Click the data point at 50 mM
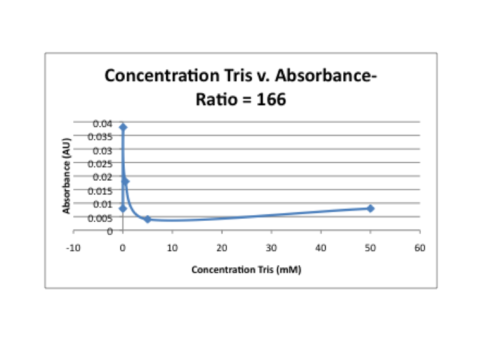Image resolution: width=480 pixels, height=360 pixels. tap(370, 209)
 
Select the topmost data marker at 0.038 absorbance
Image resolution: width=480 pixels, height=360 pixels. tap(123, 127)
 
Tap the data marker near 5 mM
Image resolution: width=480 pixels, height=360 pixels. tap(147, 219)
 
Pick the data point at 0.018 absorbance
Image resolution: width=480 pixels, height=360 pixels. tap(125, 181)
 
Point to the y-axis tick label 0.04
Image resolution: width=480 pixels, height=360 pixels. tap(103, 123)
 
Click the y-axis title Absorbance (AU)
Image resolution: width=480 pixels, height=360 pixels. tap(67, 179)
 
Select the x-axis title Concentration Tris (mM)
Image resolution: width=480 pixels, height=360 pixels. tap(242, 270)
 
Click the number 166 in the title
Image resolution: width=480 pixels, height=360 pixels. tap(272, 100)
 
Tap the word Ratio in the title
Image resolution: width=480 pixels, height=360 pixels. tap(216, 100)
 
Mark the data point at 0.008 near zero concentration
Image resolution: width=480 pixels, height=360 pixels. tap(123, 209)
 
